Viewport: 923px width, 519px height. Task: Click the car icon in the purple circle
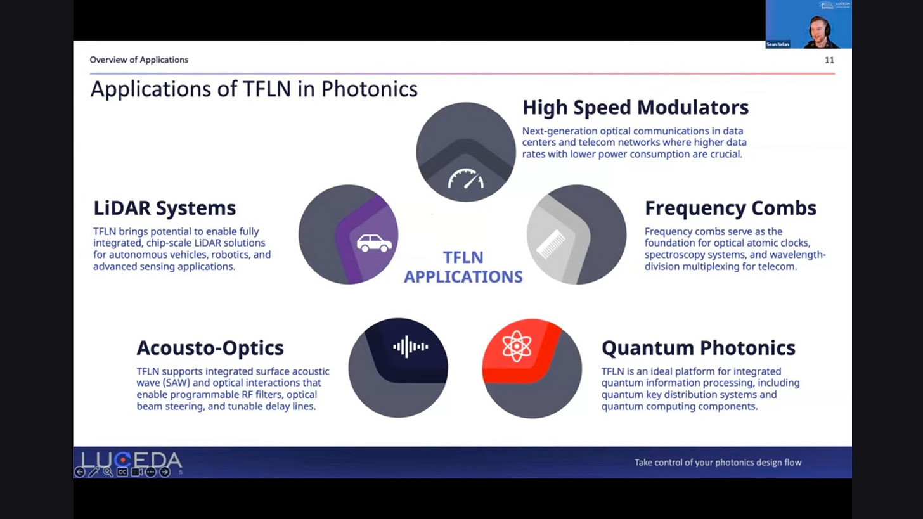[374, 243]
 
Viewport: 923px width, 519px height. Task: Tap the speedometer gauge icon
[466, 179]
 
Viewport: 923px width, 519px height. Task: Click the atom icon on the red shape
[517, 347]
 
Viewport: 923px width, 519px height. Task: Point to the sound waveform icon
[410, 347]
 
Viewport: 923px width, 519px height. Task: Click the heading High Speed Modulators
[635, 108]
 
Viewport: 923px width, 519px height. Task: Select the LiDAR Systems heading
[165, 208]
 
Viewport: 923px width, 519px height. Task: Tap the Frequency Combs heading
[730, 208]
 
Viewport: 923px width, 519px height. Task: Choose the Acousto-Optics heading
[210, 348]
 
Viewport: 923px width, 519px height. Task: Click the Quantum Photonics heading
[698, 348]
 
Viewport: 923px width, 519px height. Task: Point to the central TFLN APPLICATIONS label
[463, 267]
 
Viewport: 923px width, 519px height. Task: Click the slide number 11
[829, 60]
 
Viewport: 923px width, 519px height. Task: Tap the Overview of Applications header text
[139, 60]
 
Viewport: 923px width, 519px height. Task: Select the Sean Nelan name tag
[777, 44]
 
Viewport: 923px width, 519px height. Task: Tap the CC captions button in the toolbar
[122, 472]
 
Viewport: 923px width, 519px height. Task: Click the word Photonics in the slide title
[369, 89]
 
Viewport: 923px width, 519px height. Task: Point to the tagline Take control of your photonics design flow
[718, 463]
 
